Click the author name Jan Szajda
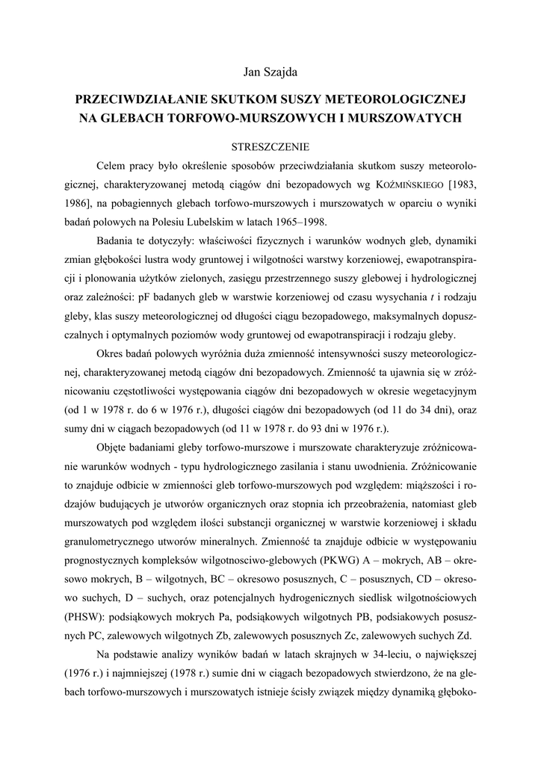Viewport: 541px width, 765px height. [270, 72]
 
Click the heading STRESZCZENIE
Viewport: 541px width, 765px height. [270, 146]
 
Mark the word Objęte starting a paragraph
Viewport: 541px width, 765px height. [112, 448]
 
